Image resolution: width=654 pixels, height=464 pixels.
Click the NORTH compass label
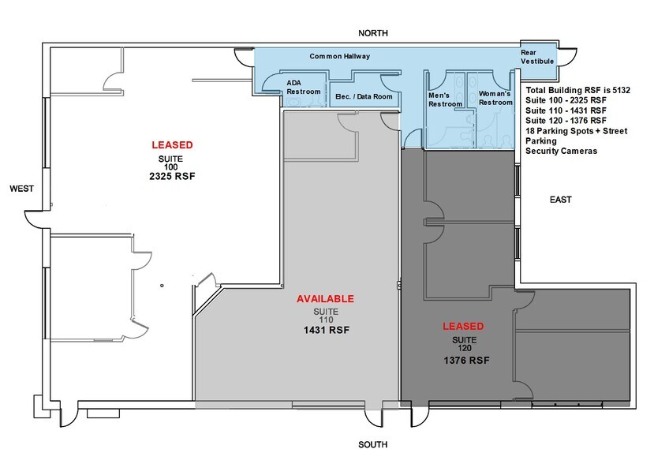373,33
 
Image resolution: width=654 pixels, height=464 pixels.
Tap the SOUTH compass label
373,444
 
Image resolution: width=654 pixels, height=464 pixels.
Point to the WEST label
21,189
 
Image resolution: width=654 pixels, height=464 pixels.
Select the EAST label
561,200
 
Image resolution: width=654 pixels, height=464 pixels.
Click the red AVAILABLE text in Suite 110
325,299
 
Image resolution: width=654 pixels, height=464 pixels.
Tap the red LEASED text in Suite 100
172,144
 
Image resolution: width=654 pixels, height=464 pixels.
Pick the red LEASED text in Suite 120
463,327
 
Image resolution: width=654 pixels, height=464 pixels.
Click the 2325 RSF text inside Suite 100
172,176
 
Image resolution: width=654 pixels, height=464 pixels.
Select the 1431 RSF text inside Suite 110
327,330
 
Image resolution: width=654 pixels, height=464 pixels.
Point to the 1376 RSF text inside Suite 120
467,360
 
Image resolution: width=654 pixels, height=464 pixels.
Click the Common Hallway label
339,56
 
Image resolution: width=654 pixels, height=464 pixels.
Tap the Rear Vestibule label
537,57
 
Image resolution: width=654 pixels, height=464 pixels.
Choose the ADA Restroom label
304,88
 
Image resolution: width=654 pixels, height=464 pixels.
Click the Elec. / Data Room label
364,96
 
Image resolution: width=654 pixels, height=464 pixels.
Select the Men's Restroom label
446,99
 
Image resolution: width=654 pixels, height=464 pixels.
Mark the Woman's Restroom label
495,98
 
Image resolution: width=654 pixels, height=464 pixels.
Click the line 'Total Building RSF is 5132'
578,90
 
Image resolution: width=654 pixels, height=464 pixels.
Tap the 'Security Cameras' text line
562,151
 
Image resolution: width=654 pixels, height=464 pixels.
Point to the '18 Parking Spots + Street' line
577,131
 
